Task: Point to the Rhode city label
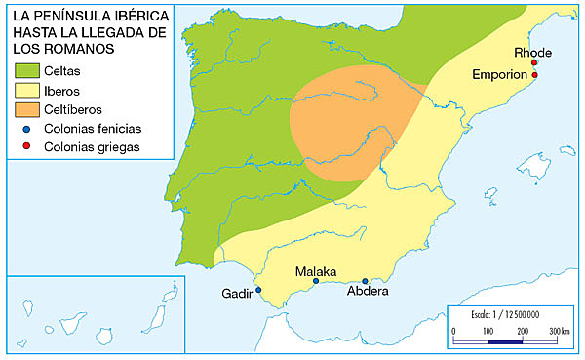[x=532, y=53]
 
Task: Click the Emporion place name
[x=499, y=74]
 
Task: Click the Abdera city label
[x=368, y=291]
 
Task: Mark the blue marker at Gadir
[x=258, y=291]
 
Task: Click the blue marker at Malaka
[x=316, y=281]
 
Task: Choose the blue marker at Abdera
[x=366, y=281]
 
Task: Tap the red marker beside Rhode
[x=534, y=63]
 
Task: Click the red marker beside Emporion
[x=534, y=75]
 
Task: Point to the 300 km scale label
[x=559, y=332]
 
